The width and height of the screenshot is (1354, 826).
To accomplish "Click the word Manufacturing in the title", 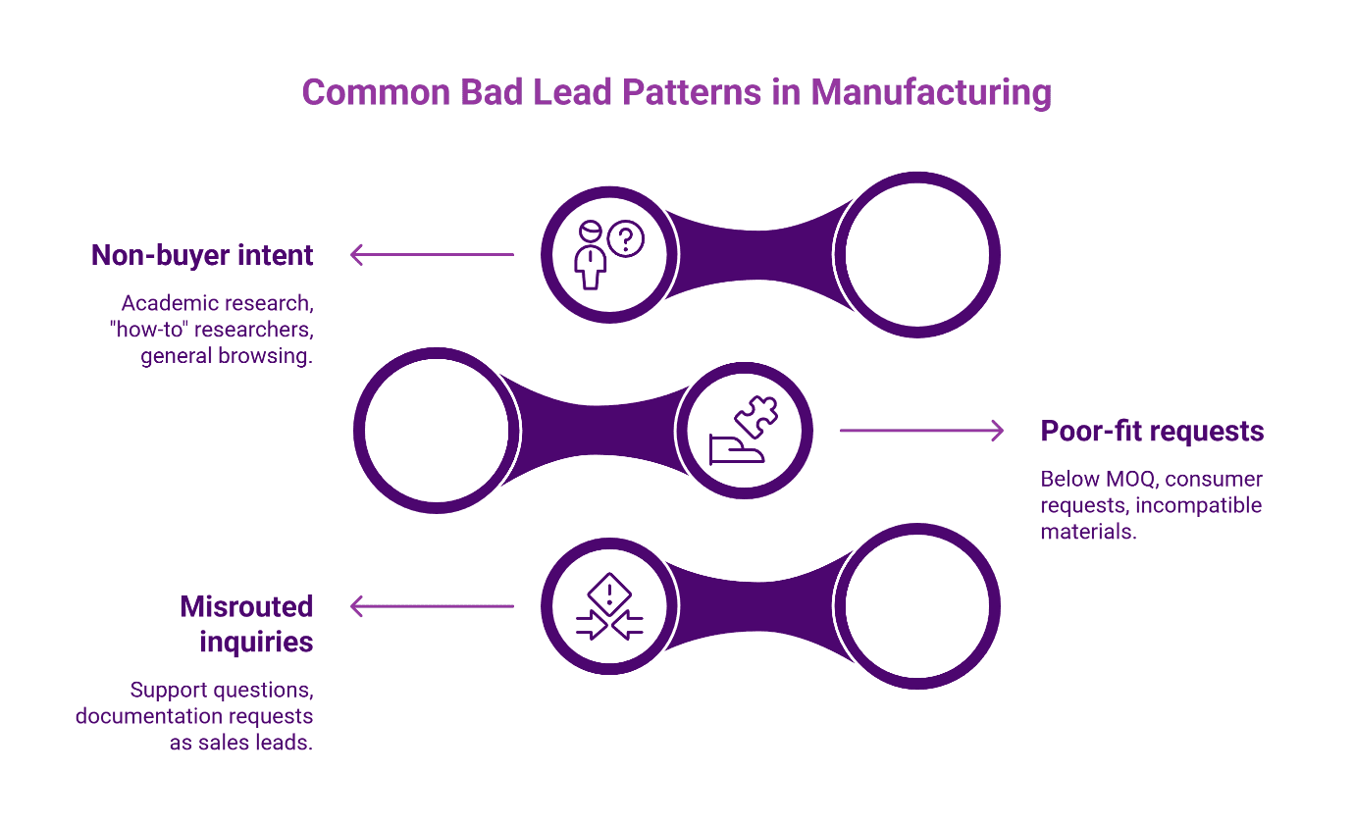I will click(931, 92).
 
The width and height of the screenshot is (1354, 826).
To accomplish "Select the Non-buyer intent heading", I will click(202, 255).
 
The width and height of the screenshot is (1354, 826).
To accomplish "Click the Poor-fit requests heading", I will click(1152, 431).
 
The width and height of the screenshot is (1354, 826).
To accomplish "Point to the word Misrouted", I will click(246, 606).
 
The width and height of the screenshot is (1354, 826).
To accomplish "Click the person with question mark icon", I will click(608, 254).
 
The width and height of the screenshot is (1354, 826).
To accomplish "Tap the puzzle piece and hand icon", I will click(743, 430).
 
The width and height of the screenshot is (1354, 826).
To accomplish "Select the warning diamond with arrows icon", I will click(608, 606).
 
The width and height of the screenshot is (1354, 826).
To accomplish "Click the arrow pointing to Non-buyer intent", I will click(432, 255).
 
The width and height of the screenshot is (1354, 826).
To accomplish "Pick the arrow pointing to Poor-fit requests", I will click(922, 431).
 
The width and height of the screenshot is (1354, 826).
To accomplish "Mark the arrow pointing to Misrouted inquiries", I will click(432, 606).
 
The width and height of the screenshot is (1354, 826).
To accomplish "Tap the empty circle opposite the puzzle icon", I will click(432, 430).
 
